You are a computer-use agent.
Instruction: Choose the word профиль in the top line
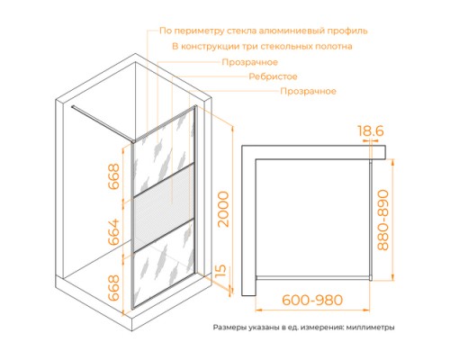(x=348, y=30)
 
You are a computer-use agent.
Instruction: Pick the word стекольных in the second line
(x=297, y=45)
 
